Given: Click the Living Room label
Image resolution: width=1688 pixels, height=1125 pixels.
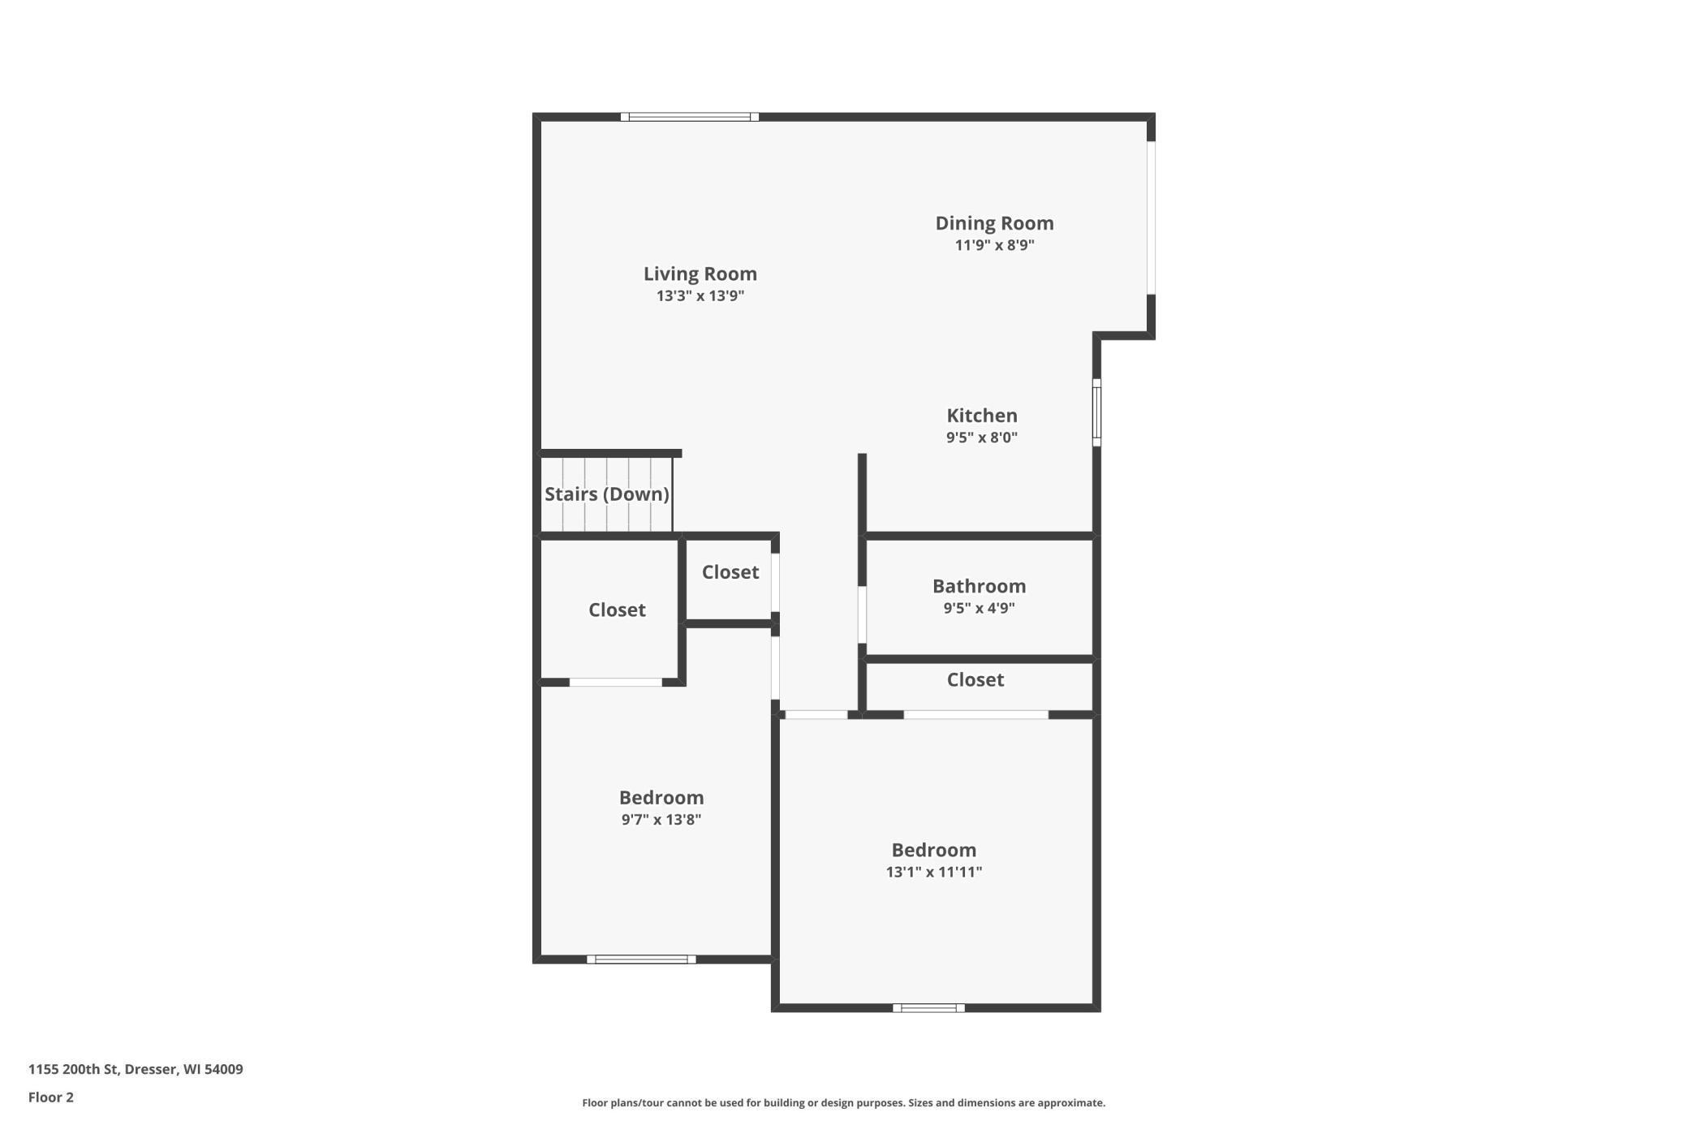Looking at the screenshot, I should tap(700, 274).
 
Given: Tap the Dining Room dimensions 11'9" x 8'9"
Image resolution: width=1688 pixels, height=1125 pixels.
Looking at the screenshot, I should tap(994, 245).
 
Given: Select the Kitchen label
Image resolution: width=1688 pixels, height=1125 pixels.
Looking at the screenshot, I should tap(981, 416).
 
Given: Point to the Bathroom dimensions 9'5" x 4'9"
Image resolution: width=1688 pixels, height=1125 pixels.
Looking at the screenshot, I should tap(979, 608).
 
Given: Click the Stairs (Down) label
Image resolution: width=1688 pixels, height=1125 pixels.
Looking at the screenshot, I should tap(606, 494).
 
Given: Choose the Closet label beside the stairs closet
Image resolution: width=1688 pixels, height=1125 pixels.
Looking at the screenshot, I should tap(730, 572).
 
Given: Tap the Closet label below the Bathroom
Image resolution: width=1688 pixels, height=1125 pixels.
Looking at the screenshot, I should tap(975, 680).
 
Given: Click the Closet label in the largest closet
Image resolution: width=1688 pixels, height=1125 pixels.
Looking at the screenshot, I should tap(617, 610).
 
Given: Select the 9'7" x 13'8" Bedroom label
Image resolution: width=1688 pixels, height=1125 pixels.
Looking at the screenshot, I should tap(661, 798).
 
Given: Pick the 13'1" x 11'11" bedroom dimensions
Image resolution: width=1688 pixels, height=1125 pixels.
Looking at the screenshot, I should tap(933, 872).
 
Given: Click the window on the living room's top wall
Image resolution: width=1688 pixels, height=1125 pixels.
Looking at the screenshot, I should tap(689, 117).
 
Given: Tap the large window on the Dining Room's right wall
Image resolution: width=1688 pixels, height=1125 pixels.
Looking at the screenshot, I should tap(1150, 218).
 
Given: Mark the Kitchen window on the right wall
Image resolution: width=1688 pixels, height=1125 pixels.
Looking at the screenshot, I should tap(1096, 412).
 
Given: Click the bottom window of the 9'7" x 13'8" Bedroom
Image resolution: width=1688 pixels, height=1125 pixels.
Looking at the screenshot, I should tap(641, 959).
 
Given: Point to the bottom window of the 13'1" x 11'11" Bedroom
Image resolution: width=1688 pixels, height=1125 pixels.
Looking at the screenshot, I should tap(928, 1008).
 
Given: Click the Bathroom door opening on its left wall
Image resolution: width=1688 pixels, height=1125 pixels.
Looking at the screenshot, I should tap(862, 614).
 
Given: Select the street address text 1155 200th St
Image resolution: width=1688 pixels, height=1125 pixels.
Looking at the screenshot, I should tap(136, 1069).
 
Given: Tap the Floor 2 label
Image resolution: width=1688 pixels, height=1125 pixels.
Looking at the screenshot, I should tap(51, 1097).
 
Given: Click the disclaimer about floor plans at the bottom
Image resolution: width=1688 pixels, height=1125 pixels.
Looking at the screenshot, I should tap(843, 1103).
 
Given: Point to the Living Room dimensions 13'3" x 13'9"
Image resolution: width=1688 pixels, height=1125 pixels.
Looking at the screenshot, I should tap(700, 296).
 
